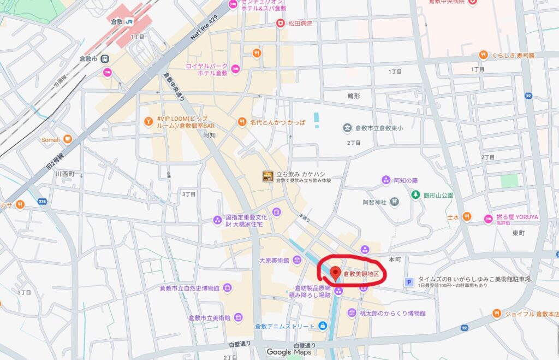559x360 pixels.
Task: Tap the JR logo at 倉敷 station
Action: click(x=129, y=21)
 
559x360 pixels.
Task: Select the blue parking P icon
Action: click(x=408, y=282)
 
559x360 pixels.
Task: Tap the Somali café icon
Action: click(x=68, y=139)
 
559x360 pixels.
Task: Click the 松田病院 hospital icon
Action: click(x=281, y=23)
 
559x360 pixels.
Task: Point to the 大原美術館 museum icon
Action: click(x=297, y=259)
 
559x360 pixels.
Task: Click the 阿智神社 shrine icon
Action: click(x=394, y=202)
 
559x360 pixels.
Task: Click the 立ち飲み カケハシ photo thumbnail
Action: click(x=267, y=176)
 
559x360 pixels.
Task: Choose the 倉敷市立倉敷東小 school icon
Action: click(x=347, y=128)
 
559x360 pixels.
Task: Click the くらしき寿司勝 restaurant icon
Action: click(x=483, y=55)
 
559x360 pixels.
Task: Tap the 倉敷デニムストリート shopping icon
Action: click(x=323, y=326)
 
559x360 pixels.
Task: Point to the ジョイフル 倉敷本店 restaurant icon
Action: click(x=496, y=314)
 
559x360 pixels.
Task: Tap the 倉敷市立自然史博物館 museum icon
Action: click(x=227, y=288)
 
